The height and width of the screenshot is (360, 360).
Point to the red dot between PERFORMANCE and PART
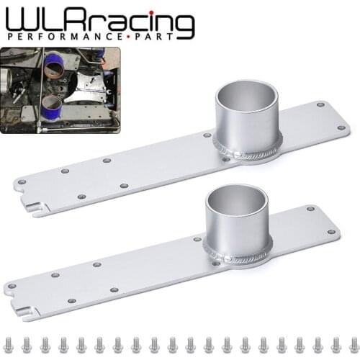pyautogui.click(x=130, y=36)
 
